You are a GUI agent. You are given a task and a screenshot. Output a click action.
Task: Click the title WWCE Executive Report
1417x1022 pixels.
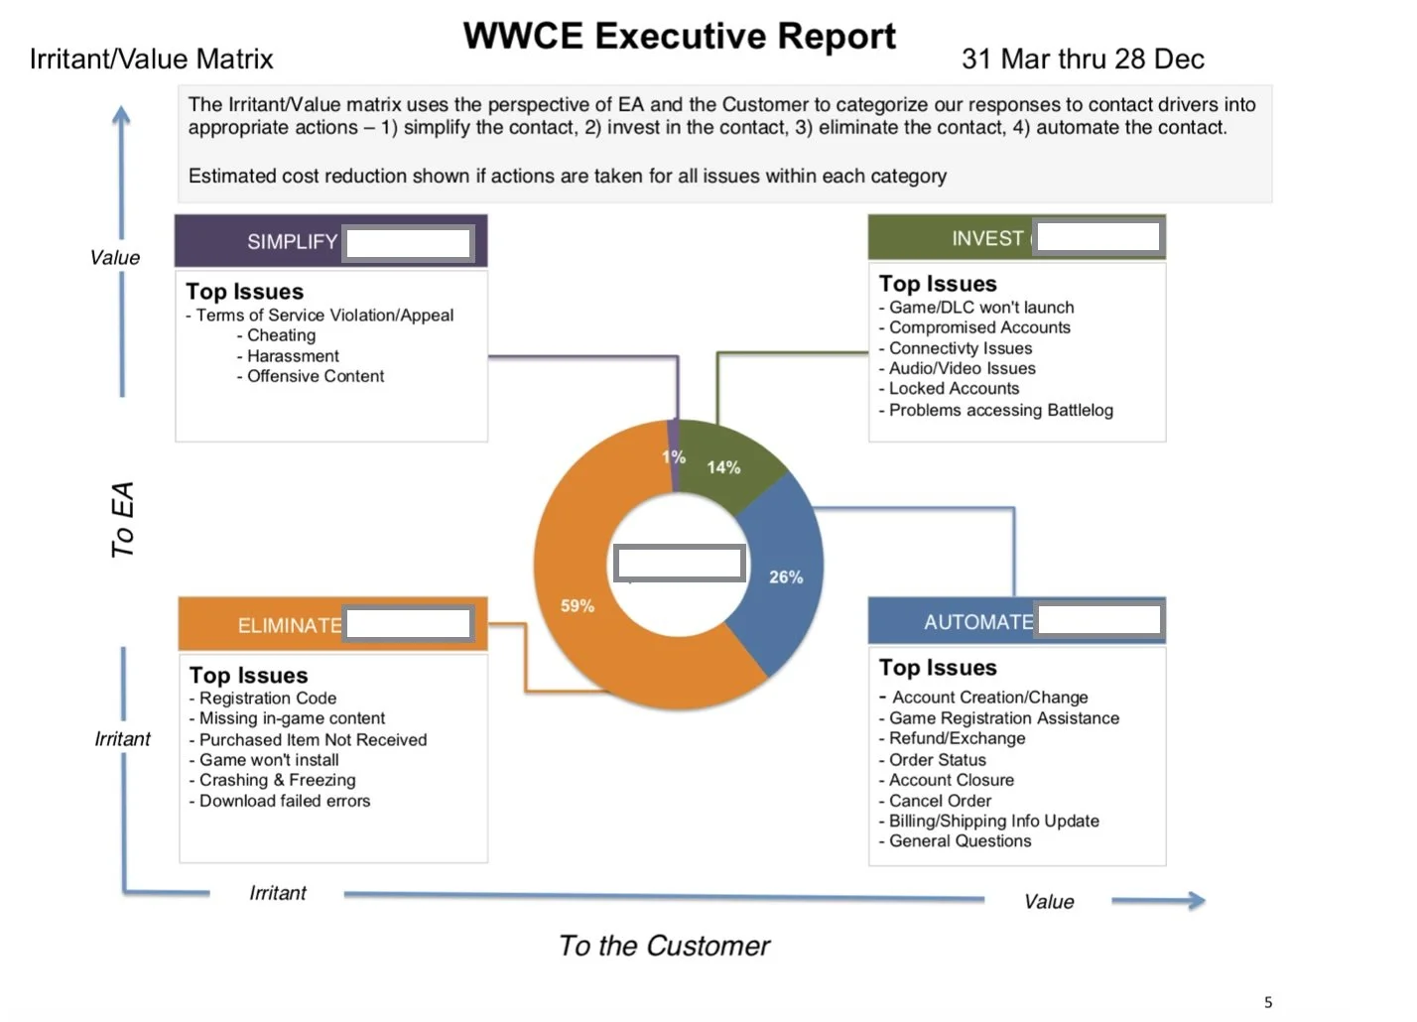(x=679, y=37)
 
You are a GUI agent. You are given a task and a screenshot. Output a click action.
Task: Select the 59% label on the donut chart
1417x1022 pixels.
(x=578, y=605)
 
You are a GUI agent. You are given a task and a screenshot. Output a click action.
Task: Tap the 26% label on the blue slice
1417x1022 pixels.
(x=786, y=576)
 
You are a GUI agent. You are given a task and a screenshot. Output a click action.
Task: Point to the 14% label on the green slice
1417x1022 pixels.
(x=723, y=467)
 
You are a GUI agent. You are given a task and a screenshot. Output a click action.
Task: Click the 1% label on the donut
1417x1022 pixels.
(x=674, y=456)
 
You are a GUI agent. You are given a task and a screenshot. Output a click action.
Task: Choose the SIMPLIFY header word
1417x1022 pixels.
(x=292, y=242)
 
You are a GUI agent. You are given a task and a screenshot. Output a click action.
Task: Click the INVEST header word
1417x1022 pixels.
(x=986, y=239)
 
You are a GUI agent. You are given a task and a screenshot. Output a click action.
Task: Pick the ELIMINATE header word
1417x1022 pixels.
(x=289, y=626)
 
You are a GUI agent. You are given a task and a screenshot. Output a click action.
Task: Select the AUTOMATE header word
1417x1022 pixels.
(x=978, y=622)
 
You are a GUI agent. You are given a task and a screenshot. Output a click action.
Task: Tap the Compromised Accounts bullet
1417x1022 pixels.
(x=979, y=327)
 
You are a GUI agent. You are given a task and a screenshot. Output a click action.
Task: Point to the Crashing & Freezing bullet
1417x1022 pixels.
(x=277, y=780)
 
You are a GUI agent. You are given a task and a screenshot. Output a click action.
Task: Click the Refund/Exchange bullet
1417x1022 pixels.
(x=957, y=738)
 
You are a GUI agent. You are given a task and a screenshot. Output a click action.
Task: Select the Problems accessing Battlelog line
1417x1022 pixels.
(x=1000, y=410)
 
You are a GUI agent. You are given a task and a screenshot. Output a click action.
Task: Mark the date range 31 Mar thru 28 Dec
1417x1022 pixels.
(x=1083, y=60)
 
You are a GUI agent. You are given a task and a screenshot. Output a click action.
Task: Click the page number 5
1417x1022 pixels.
(x=1268, y=1002)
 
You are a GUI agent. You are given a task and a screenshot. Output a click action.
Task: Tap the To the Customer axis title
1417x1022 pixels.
(x=664, y=946)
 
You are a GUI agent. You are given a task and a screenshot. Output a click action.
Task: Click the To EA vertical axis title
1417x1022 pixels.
(x=122, y=519)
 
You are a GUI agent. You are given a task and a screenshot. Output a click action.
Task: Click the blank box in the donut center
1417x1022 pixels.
(x=679, y=563)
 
